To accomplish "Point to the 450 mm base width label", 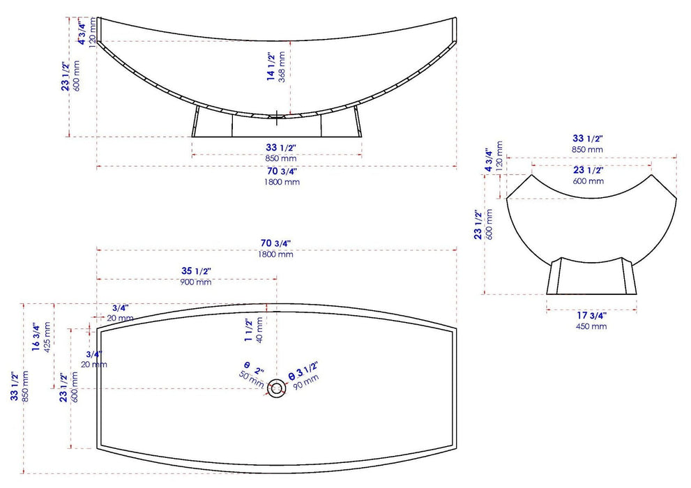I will (591, 326).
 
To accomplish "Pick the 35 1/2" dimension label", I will (195, 270).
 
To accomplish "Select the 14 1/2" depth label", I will (271, 67).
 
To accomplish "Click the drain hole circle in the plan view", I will (277, 388).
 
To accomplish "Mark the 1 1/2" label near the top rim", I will (248, 328).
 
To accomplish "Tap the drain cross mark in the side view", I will (277, 118).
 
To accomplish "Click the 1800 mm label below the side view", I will (282, 182).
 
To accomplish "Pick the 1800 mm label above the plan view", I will (276, 254).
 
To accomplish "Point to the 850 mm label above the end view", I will (588, 149).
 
